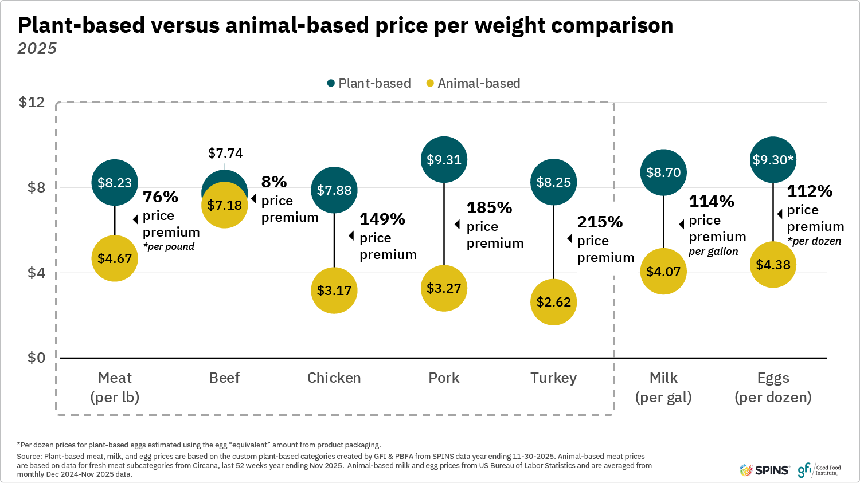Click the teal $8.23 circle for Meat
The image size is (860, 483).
coord(115,182)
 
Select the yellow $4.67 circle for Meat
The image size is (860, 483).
coord(115,258)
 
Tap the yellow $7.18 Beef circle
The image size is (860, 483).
coord(224,205)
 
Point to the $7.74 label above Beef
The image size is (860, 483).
coord(225,153)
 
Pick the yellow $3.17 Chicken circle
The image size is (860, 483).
coord(334,290)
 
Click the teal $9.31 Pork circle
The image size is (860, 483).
coord(444,160)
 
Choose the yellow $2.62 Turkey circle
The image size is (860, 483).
coord(553,302)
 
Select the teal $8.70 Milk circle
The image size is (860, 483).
coord(663,172)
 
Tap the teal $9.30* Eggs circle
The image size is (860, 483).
coord(773,160)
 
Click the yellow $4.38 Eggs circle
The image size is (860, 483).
coord(773,265)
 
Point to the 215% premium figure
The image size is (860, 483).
coord(600,222)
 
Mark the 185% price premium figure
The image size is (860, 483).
coord(489,207)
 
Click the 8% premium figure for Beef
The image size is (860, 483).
coord(274,182)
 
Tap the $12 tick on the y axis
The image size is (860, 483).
coord(32,102)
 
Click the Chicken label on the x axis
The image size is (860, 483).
coord(334,378)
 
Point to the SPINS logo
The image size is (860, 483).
coord(764,470)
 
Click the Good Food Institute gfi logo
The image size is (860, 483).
coord(819,470)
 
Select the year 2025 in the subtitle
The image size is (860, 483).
coord(37,49)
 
